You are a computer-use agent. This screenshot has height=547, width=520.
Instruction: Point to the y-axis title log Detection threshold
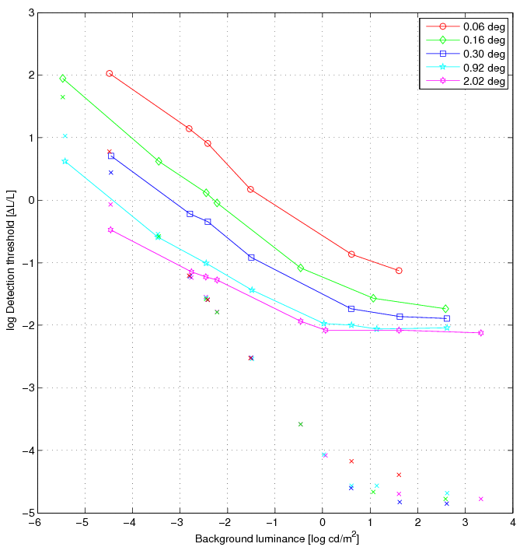(11, 262)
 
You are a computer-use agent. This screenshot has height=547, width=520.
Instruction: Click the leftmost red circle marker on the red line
(110, 73)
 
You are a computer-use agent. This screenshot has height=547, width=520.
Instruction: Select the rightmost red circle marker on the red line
(399, 271)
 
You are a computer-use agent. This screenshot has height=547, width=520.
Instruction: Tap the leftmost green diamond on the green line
(63, 79)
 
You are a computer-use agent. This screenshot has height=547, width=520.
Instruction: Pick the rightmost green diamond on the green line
(445, 309)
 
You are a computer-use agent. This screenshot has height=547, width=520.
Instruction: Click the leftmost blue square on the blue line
(111, 156)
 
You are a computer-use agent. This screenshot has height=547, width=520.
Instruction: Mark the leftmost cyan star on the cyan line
(65, 161)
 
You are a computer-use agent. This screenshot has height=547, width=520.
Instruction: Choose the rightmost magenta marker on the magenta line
(480, 333)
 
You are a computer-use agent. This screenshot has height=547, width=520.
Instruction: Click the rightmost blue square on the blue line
(447, 318)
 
